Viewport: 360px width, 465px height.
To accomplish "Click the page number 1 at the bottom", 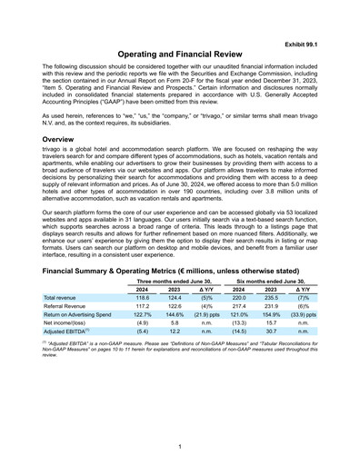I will click(x=180, y=447).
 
